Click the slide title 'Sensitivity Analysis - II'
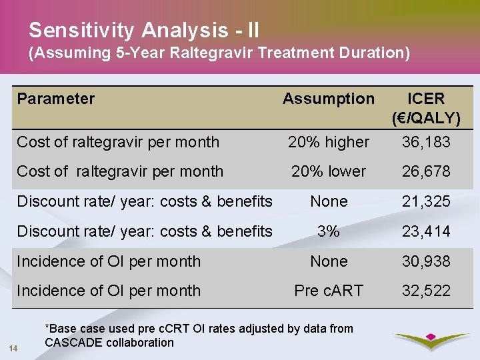click(x=144, y=30)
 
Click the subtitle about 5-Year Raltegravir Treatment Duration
click(x=219, y=53)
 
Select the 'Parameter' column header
click(x=56, y=99)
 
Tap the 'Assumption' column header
click(x=329, y=99)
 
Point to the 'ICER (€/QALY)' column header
click(x=425, y=109)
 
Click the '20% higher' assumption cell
click(x=329, y=142)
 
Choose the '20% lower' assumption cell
click(x=329, y=171)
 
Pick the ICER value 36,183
click(x=425, y=142)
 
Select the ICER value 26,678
click(x=425, y=171)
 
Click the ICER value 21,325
click(x=425, y=201)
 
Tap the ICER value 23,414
click(x=425, y=231)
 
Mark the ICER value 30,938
click(x=425, y=261)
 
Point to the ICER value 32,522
click(x=425, y=291)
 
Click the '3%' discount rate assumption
click(x=329, y=231)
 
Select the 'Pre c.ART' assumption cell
click(x=329, y=291)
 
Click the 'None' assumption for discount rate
click(x=329, y=201)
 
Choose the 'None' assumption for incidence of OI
click(x=329, y=261)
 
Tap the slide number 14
click(x=13, y=348)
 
